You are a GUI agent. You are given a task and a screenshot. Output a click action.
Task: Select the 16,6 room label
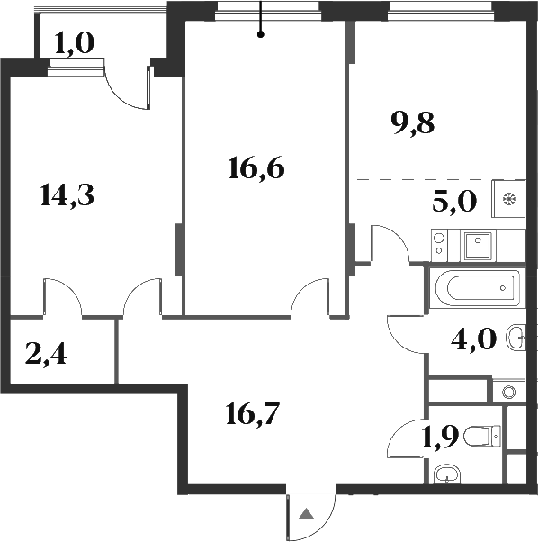coord(256,167)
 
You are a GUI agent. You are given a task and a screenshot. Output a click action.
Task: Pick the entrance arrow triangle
coord(306,516)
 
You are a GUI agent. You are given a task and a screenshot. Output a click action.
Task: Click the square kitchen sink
coord(478,242)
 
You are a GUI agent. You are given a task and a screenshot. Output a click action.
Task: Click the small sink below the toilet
coord(446,475)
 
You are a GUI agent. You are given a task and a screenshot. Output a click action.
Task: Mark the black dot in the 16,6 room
coord(260,35)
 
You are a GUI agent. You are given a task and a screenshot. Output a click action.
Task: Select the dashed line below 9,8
coord(423,179)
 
